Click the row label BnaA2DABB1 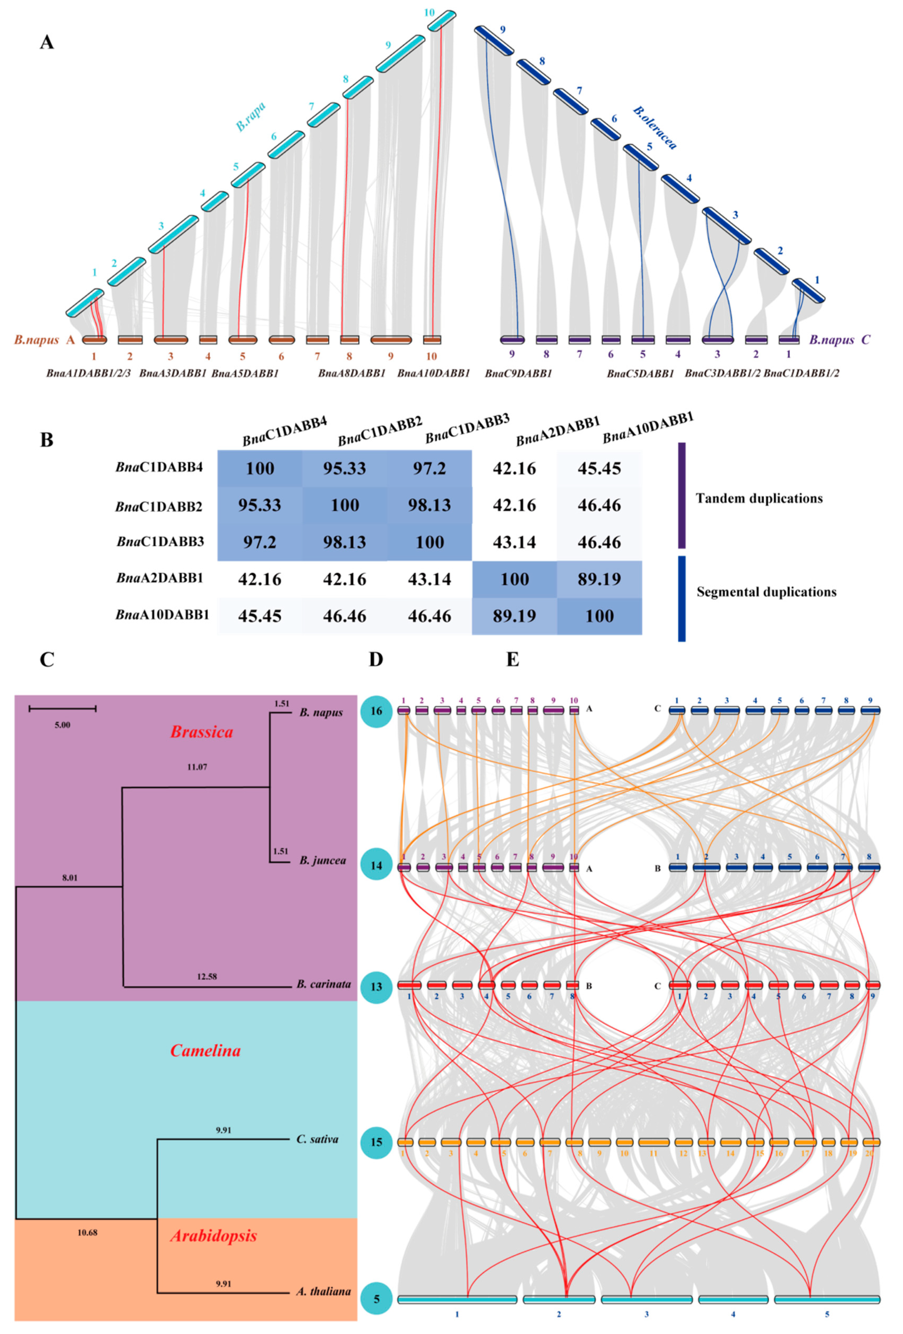[160, 578]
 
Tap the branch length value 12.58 [206, 976]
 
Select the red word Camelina [205, 1051]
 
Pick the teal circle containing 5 [376, 1299]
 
